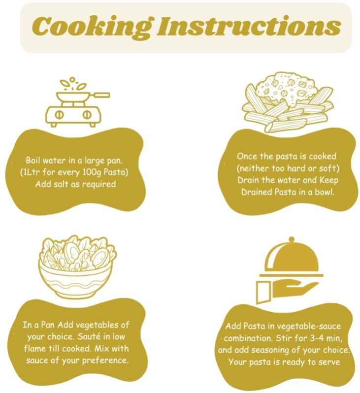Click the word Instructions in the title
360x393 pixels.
[249, 26]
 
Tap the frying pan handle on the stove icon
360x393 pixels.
[101, 95]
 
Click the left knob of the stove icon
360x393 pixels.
[60, 115]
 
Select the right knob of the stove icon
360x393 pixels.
[87, 115]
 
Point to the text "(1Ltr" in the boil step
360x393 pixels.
[30, 172]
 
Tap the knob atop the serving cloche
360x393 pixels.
[291, 240]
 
